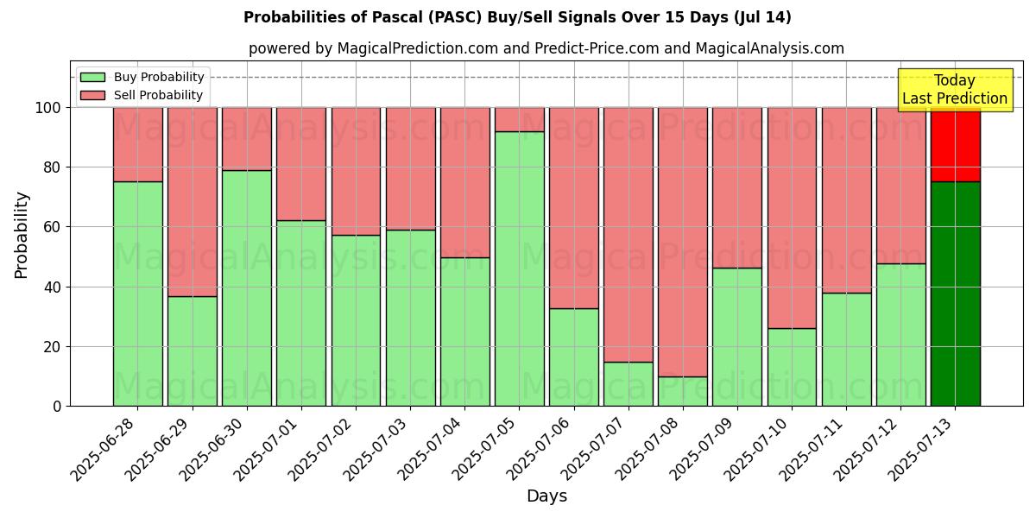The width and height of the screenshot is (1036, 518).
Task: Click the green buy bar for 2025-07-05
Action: click(520, 268)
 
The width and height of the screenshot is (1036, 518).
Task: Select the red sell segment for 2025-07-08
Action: click(683, 242)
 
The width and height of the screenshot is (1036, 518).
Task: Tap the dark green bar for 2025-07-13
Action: click(956, 294)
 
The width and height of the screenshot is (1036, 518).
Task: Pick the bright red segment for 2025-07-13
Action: click(956, 144)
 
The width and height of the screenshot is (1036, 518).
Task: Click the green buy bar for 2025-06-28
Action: click(138, 294)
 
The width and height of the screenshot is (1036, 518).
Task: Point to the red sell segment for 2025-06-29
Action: click(193, 202)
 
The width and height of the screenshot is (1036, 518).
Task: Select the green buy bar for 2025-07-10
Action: click(792, 367)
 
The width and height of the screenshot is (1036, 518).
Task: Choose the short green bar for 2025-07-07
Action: click(629, 383)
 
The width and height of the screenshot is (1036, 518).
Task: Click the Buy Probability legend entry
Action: click(142, 77)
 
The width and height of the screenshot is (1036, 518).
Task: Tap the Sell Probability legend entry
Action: click(142, 95)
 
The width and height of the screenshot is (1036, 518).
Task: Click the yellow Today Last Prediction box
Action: click(955, 90)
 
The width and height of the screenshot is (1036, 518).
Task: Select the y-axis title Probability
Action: click(22, 235)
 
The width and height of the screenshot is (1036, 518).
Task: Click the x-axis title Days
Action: click(546, 496)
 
